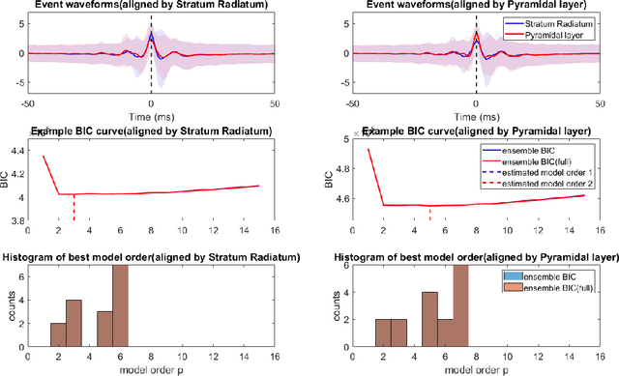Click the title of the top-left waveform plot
point(151,7)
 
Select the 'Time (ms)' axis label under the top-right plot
point(475,114)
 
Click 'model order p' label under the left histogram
point(151,369)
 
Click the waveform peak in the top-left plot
point(151,35)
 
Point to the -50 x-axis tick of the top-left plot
point(28,101)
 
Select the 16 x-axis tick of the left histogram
point(275,356)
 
